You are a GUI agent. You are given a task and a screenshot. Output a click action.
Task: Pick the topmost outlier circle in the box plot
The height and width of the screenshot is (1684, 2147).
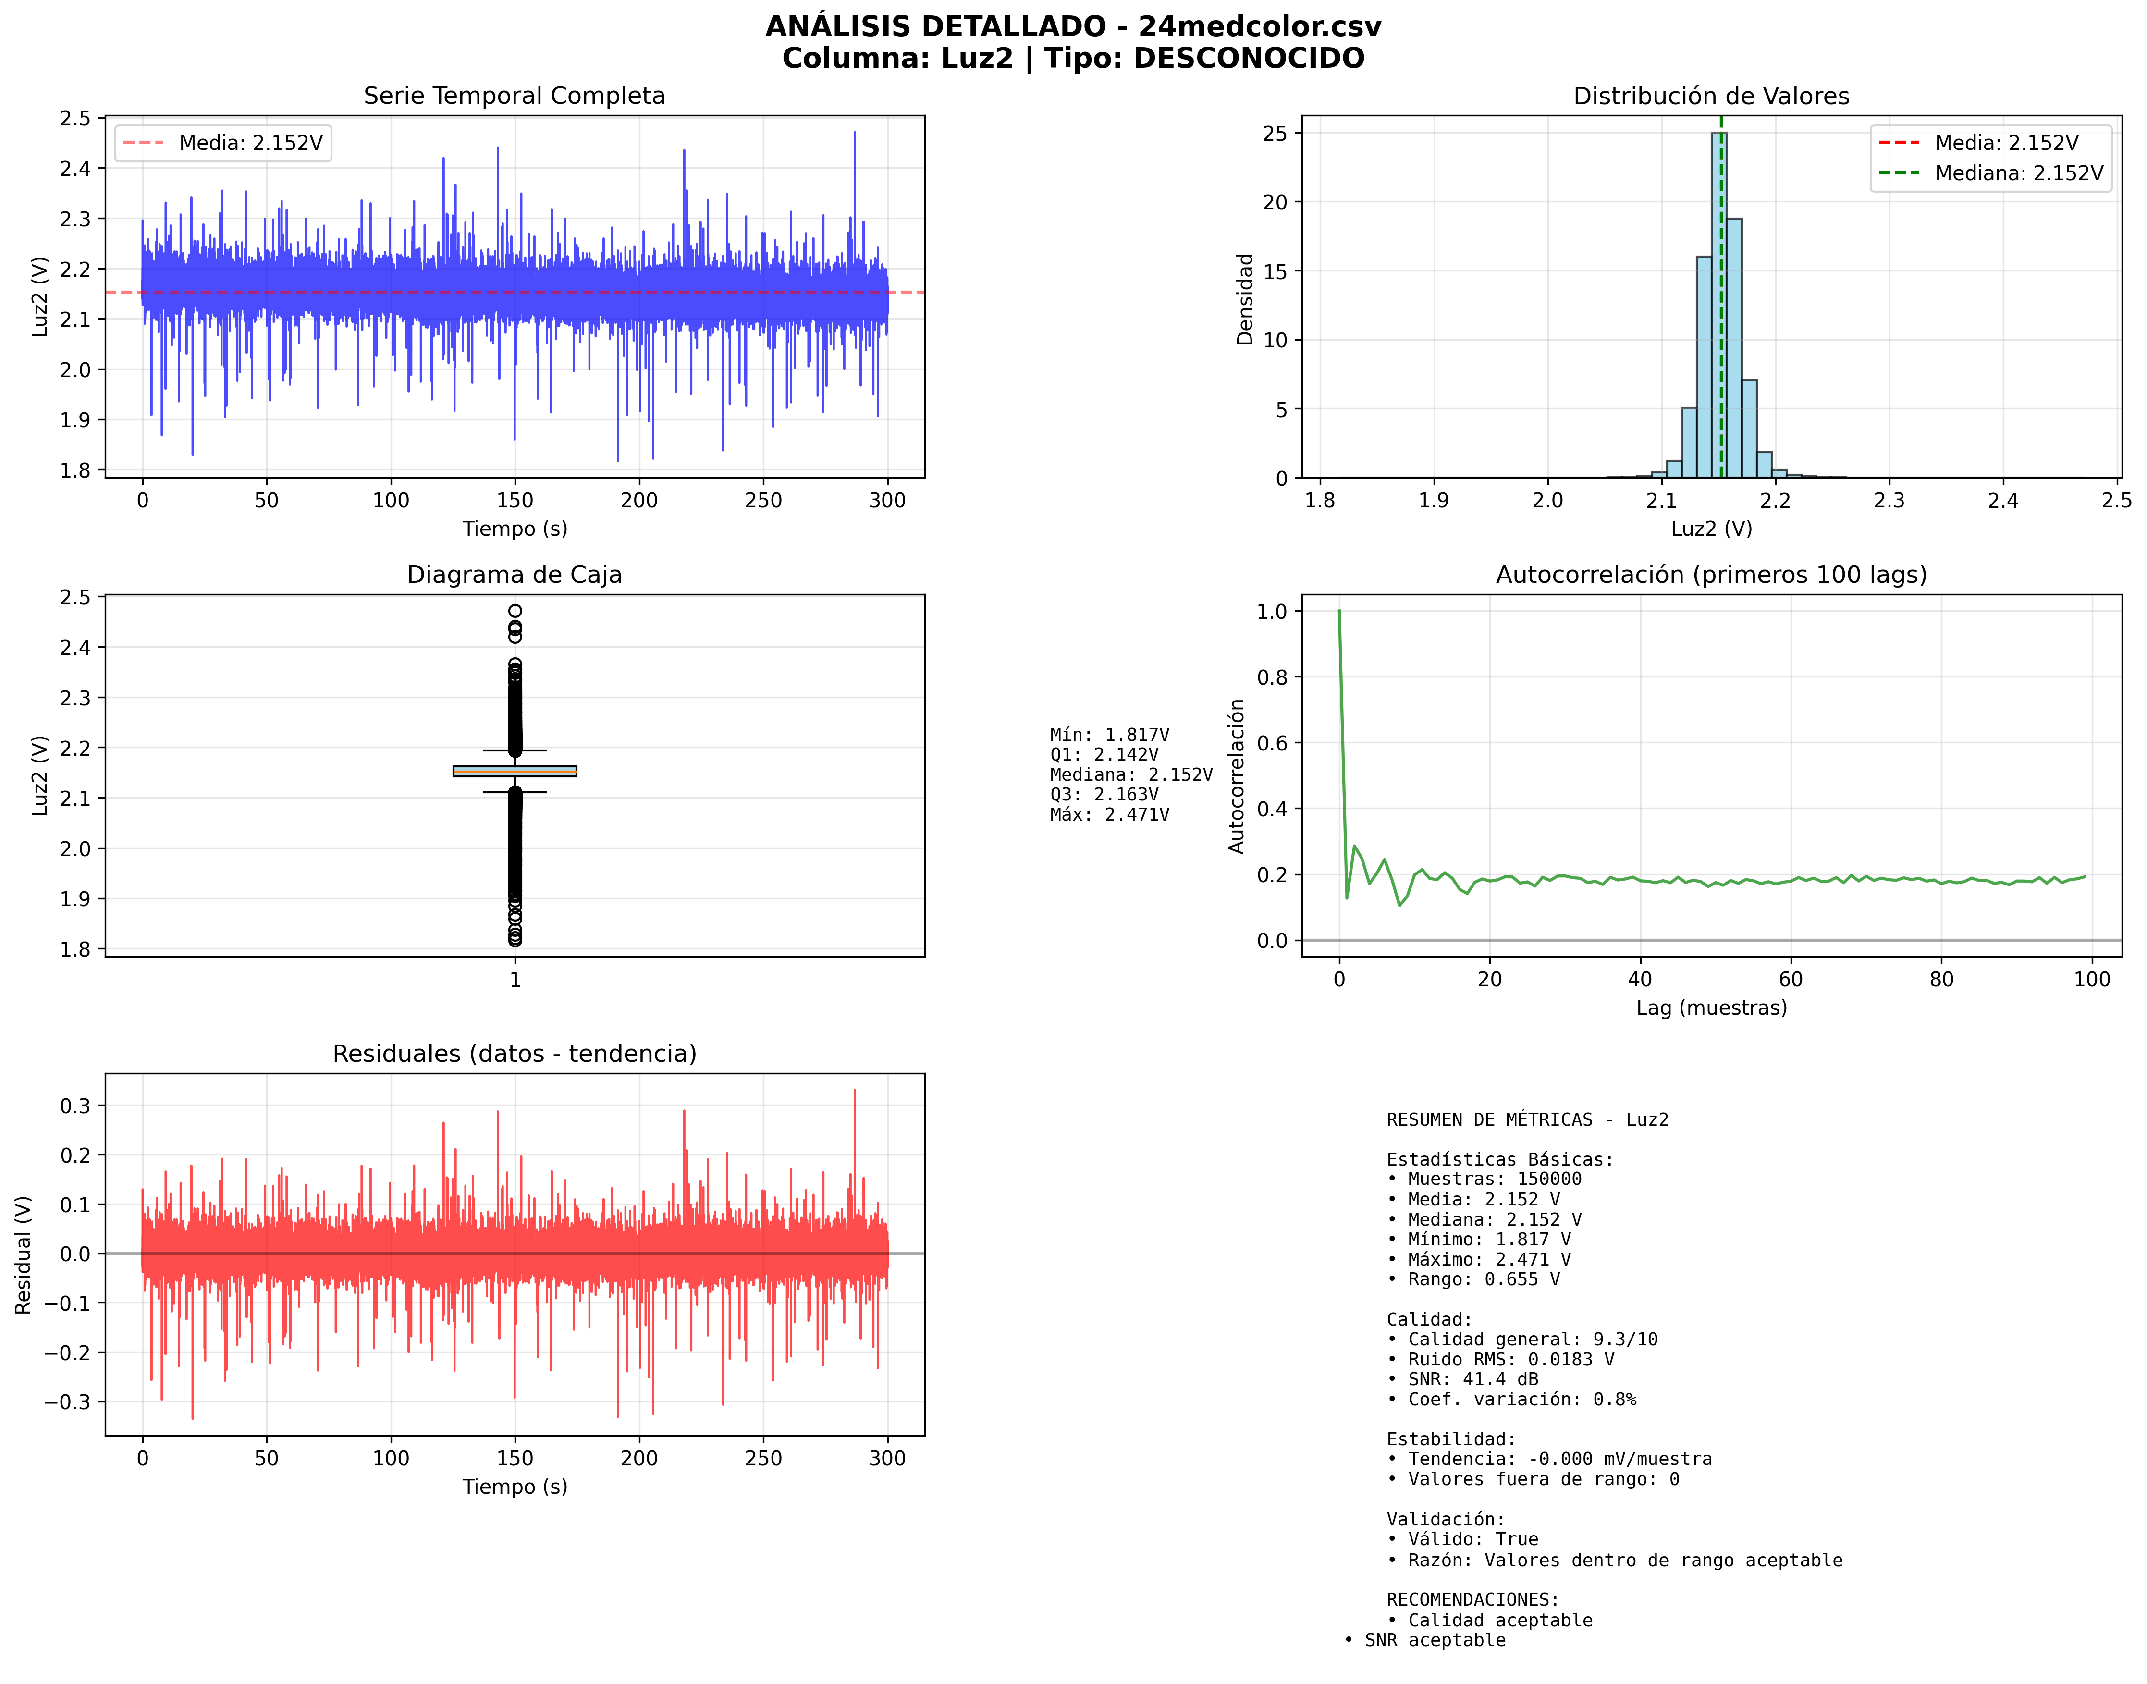coord(515,611)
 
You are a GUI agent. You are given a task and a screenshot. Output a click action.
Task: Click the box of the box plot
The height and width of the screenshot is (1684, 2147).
coord(515,771)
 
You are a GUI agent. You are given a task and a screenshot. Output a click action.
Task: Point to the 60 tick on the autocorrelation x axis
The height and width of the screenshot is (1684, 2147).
coord(1790,979)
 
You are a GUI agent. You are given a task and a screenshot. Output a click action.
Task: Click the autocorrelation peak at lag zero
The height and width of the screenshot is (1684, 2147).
coord(1338,612)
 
